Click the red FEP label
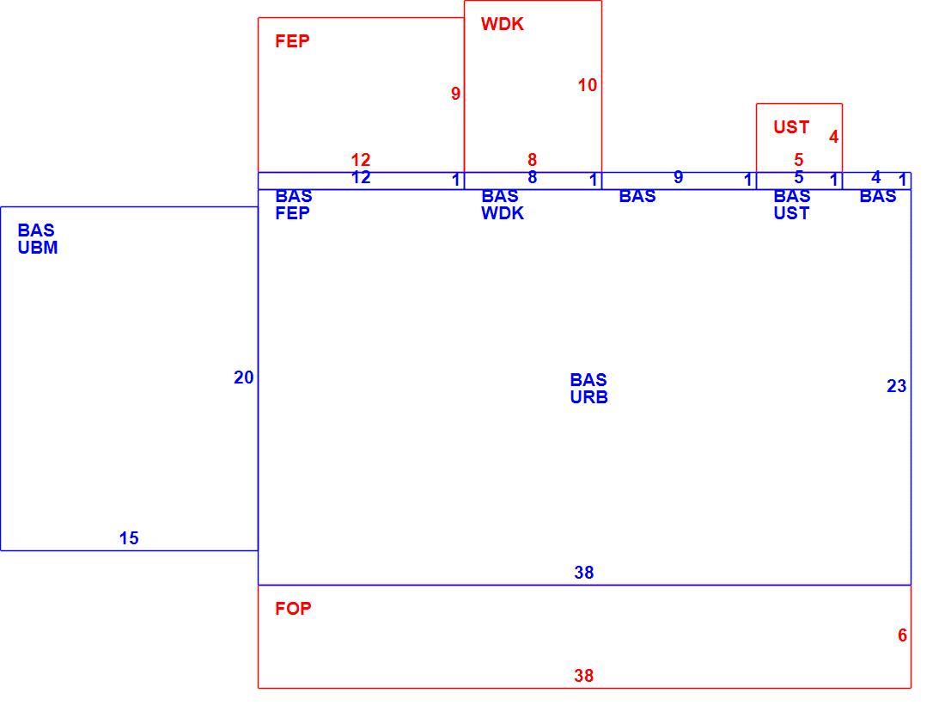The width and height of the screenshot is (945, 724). click(x=292, y=41)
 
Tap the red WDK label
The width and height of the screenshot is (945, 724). click(x=502, y=24)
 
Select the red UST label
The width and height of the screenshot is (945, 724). click(x=791, y=127)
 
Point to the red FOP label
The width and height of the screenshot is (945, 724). click(x=293, y=609)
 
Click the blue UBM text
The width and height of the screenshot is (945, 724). click(x=37, y=248)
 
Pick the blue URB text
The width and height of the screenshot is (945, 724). click(x=588, y=397)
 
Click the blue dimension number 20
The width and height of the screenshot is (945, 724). click(x=243, y=377)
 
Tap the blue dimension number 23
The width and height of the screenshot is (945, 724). click(x=896, y=386)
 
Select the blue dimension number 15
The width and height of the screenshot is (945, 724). click(x=129, y=538)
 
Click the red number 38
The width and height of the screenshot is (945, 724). click(x=584, y=676)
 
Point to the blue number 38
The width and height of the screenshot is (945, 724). click(x=584, y=573)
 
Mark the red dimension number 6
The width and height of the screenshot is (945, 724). click(x=902, y=635)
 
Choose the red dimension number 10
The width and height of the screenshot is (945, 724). click(x=588, y=85)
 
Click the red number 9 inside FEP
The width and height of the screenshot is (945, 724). click(x=455, y=94)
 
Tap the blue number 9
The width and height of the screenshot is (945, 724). click(x=678, y=177)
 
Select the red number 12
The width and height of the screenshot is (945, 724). click(x=361, y=160)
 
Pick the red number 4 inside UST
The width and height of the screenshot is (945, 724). click(x=833, y=137)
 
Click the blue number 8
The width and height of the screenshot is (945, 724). click(x=532, y=177)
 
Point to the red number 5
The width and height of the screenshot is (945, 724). click(x=799, y=160)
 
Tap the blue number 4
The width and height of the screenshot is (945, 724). click(x=876, y=177)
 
